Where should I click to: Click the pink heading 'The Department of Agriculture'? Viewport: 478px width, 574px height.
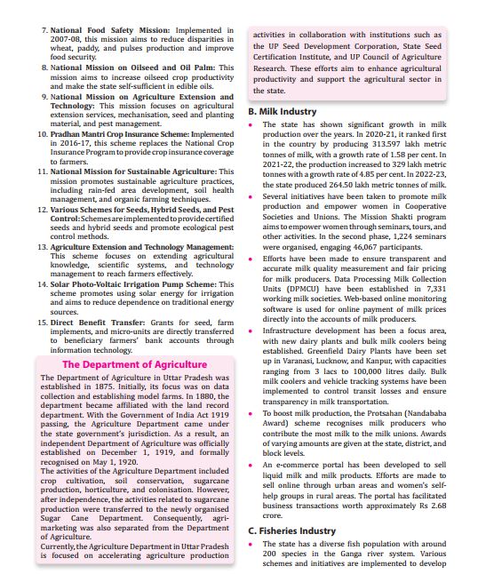(133, 363)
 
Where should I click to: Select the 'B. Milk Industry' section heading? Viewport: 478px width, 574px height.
(282, 112)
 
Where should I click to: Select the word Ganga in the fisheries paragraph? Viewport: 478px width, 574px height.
(355, 554)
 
